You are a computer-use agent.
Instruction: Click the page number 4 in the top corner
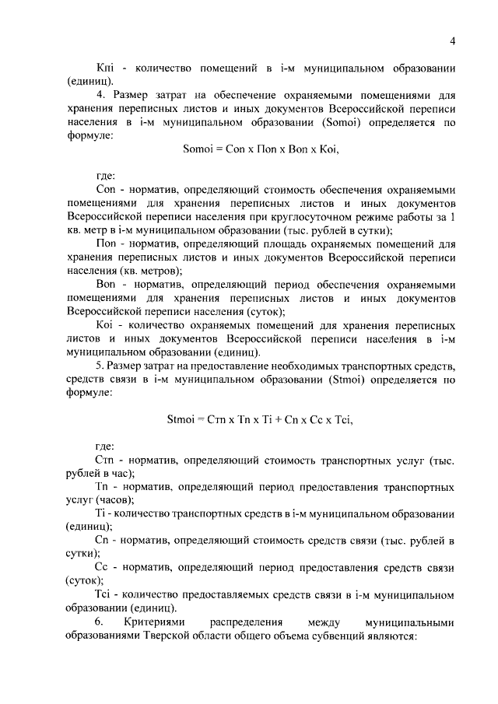(452, 41)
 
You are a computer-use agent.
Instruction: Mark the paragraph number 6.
(100, 622)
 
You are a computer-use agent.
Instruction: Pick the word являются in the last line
(395, 635)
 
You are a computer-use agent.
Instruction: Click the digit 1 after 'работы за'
(453, 216)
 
